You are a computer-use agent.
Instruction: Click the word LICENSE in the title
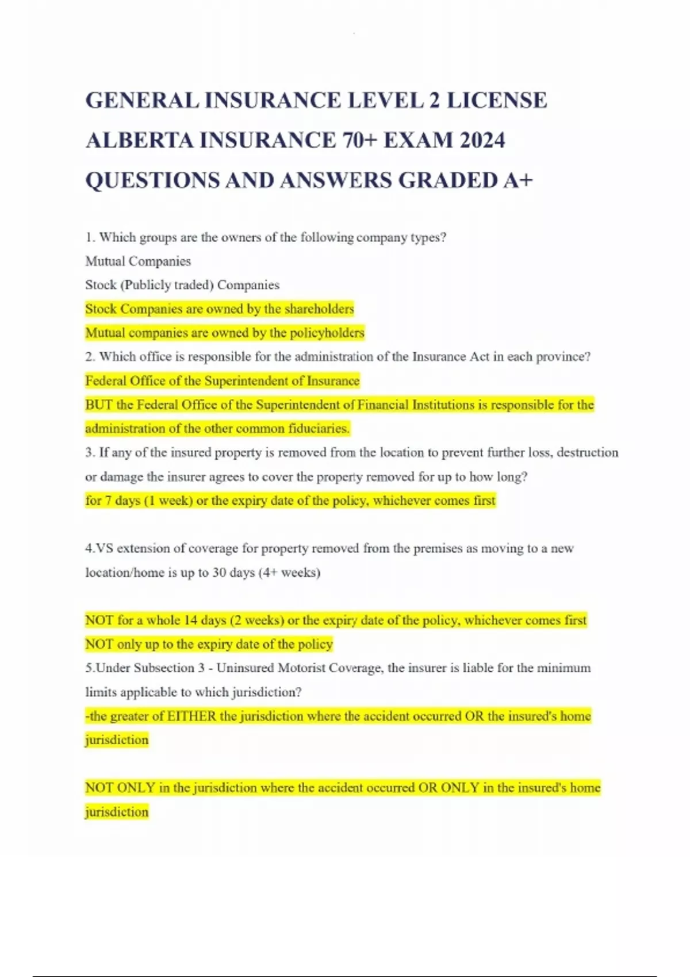(497, 101)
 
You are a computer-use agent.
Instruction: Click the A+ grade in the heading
(517, 180)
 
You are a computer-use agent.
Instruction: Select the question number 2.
(90, 357)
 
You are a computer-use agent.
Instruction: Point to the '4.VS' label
(99, 549)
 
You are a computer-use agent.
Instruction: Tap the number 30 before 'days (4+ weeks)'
(219, 573)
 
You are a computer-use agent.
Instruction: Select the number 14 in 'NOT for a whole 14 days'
(190, 621)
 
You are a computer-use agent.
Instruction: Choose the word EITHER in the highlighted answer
(191, 716)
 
